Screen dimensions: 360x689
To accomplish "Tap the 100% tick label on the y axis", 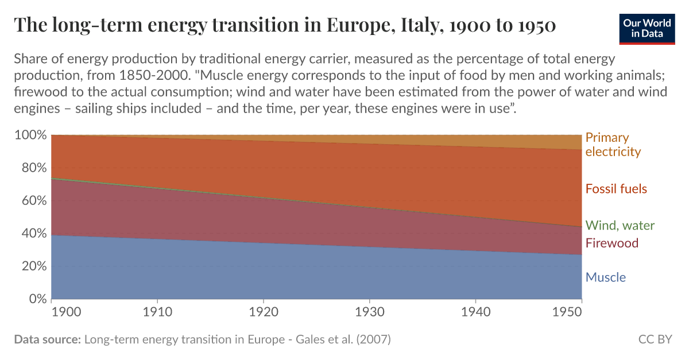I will point(29,136).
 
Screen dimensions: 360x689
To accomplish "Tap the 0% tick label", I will point(35,299).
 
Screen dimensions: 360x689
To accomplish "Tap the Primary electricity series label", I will point(613,145).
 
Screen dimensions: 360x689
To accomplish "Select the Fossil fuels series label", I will point(616,189).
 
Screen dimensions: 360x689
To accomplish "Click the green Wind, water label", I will point(620,226).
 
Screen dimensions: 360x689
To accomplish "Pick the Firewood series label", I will point(611,243).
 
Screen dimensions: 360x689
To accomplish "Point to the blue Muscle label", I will point(605,278).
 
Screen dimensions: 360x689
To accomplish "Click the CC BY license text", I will point(655,339).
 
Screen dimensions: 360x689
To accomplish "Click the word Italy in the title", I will point(417,25).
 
